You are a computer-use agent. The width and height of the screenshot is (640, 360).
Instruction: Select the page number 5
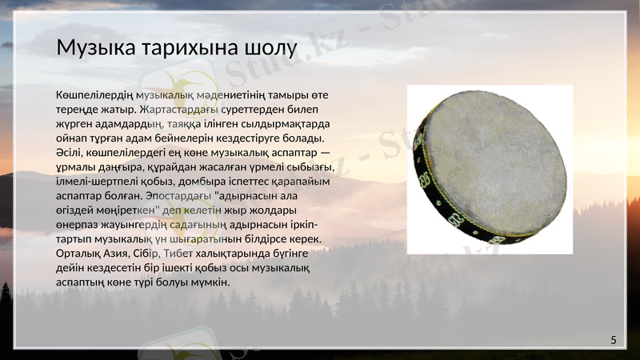pos(614,341)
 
